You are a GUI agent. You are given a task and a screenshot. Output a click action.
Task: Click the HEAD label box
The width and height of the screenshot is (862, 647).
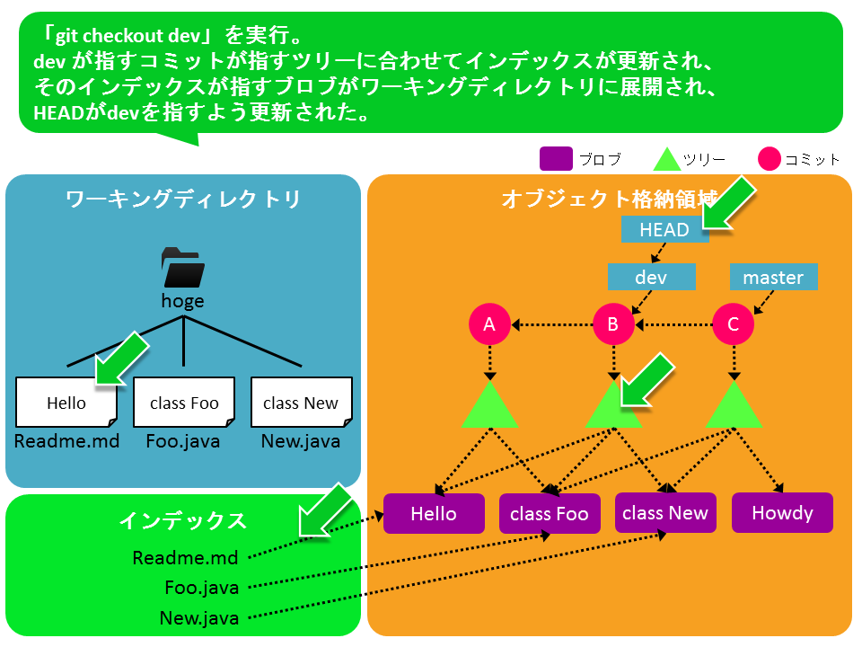coord(664,229)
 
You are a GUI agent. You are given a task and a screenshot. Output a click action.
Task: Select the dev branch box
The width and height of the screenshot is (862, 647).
coord(652,277)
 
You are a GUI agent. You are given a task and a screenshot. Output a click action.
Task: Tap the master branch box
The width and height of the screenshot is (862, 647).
coord(773,277)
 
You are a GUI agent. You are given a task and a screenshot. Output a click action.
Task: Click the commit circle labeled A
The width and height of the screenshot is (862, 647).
coord(489,324)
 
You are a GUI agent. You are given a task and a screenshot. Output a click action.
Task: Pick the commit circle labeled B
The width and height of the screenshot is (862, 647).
coord(613,324)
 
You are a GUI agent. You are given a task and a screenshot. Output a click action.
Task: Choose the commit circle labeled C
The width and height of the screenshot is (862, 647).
coord(734,324)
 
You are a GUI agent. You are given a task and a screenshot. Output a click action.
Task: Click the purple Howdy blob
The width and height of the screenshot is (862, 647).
coord(782,513)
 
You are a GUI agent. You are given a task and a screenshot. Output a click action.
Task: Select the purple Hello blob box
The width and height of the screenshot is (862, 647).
coord(434,513)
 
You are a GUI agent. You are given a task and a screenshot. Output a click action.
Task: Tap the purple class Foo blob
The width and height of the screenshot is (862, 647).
coord(550,513)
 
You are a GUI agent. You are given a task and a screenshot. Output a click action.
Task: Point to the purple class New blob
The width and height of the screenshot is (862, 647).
coord(665,513)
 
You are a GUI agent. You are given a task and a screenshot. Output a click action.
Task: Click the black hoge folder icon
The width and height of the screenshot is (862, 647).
coord(183,268)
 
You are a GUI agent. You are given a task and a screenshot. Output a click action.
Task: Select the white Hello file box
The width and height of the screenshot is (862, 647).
coord(66,403)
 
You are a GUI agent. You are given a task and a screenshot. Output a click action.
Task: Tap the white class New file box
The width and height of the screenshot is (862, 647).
coord(302,403)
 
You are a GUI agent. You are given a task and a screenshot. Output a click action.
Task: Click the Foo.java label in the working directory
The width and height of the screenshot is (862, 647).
coord(183,441)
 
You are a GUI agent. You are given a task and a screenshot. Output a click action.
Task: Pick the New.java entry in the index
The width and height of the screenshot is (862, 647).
coord(199,618)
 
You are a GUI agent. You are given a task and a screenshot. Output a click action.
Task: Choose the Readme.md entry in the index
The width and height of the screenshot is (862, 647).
coord(185,558)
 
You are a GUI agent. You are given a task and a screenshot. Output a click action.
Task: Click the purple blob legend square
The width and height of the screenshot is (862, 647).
coord(556,159)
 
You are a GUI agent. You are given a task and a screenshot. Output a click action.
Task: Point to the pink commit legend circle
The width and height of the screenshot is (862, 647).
coord(770,159)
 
